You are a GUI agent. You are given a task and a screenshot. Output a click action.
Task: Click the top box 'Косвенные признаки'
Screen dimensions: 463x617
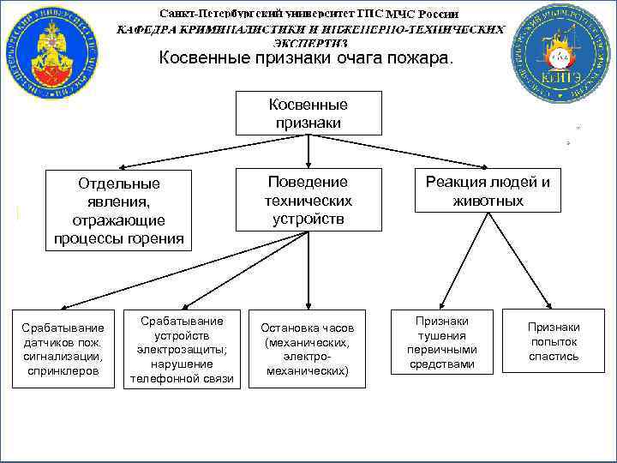[x=308, y=113]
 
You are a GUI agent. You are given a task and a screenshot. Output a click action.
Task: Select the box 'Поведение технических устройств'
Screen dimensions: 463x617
[x=308, y=200]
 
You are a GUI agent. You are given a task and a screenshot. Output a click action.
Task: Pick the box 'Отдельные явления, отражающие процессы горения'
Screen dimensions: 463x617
[x=118, y=210]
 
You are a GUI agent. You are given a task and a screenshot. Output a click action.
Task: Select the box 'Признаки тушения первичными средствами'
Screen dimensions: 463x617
[x=442, y=342]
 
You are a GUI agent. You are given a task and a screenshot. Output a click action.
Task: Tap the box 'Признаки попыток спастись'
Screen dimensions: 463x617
[x=553, y=341]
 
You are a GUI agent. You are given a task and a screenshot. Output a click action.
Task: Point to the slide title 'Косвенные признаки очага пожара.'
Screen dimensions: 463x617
[x=308, y=59]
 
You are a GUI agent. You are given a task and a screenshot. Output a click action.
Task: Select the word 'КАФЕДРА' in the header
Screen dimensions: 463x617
[x=147, y=28]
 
